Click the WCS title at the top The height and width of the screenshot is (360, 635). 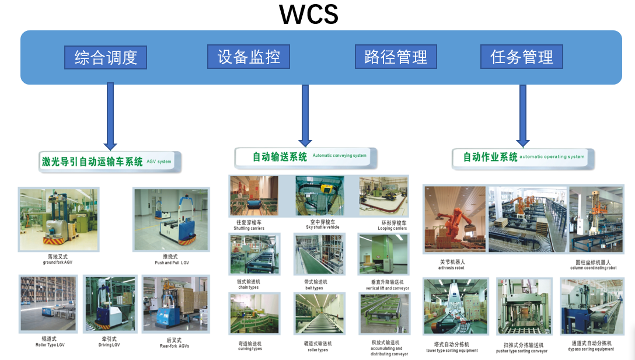(309, 15)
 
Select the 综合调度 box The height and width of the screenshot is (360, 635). (106, 57)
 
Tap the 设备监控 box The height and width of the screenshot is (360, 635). (249, 57)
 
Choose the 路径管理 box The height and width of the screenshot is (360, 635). (396, 57)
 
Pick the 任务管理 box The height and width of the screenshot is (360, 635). (521, 57)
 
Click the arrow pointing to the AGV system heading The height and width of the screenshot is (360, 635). (110, 116)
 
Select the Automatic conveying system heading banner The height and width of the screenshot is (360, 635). (306, 157)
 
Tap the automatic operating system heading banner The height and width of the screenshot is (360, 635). (523, 157)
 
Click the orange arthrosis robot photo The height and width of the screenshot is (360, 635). (455, 219)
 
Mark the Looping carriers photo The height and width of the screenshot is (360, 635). (383, 196)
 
